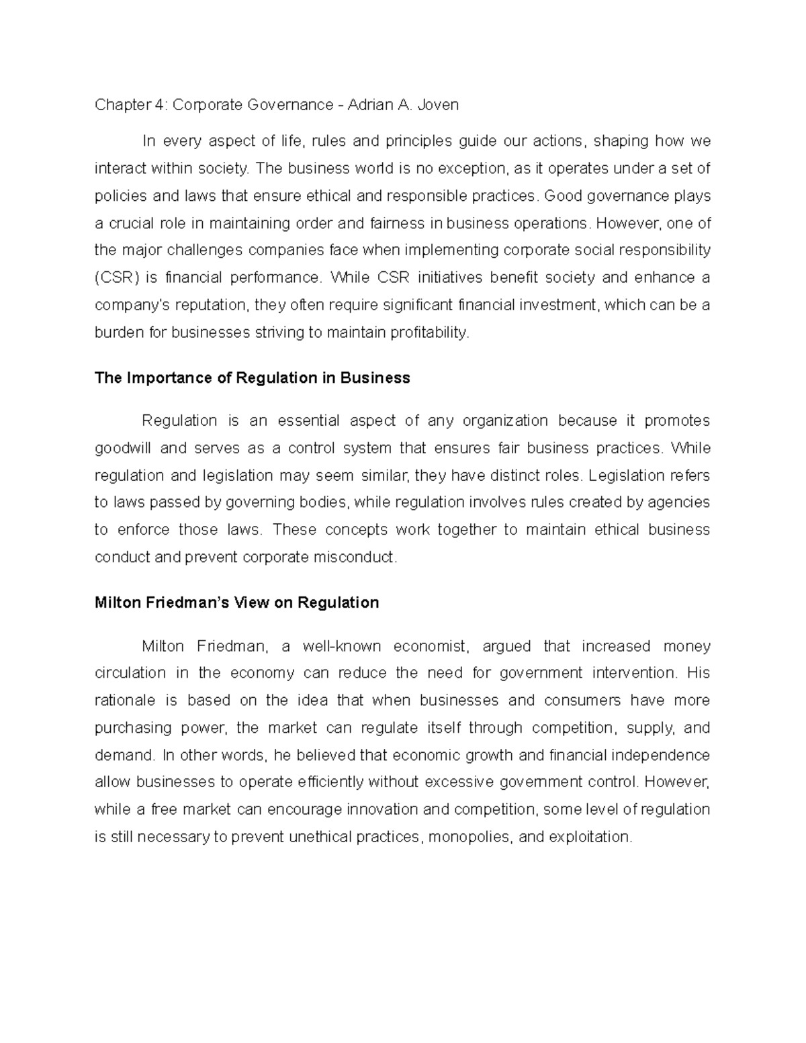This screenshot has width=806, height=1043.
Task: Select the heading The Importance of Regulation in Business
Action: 253,378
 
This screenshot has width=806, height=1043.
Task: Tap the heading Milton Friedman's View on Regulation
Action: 237,602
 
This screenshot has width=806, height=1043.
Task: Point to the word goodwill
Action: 122,448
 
